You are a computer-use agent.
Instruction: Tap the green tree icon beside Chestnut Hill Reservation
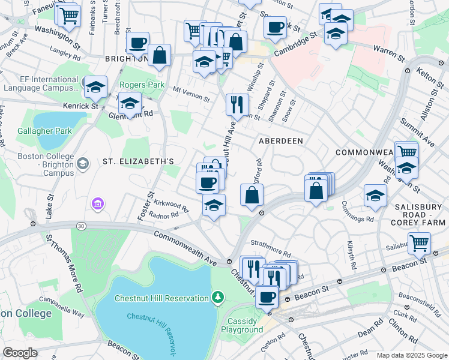(217, 297)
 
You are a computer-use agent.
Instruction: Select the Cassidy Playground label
(242, 325)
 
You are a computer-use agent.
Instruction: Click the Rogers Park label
(142, 85)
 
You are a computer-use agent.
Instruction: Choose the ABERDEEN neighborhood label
(280, 140)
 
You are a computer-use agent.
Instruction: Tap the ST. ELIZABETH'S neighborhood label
(138, 161)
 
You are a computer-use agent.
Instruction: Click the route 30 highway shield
(80, 226)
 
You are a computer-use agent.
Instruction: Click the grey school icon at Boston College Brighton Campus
(82, 163)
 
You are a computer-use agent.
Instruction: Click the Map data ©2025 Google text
(411, 355)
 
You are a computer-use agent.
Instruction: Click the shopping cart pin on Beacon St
(419, 243)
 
